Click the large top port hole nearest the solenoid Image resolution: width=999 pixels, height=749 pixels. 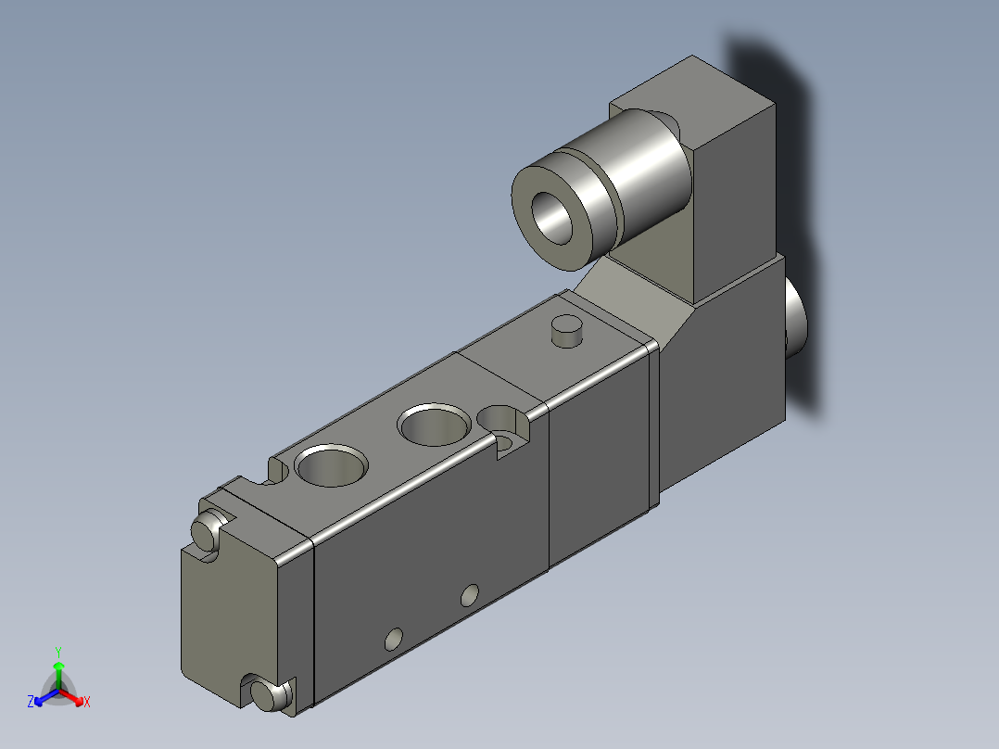point(434,425)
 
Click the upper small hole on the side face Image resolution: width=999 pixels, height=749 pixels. point(471,593)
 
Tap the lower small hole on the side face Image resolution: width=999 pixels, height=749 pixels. point(394,639)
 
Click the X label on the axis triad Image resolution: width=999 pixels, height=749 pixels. point(86,703)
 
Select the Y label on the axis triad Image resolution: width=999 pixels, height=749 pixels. point(57,651)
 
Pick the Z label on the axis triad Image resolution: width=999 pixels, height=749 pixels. point(31,702)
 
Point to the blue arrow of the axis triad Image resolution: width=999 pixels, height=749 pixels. point(42,697)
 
